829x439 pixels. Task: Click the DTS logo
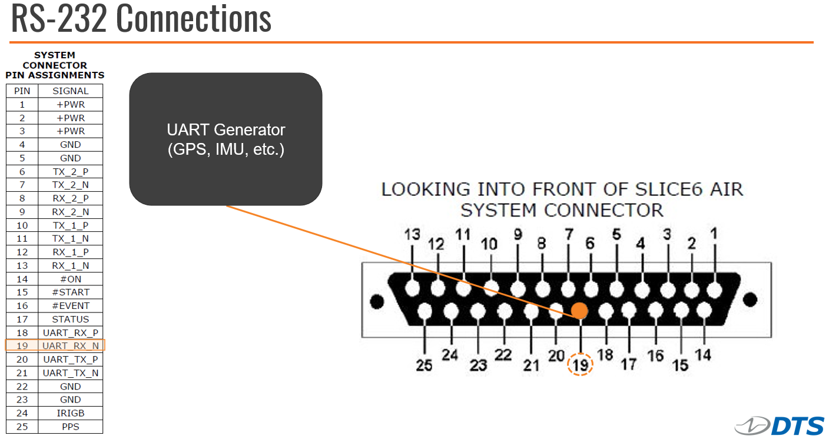[x=780, y=426]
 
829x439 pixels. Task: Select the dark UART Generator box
[x=226, y=139]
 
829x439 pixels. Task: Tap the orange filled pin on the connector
[x=579, y=310]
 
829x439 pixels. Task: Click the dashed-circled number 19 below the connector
[x=581, y=365]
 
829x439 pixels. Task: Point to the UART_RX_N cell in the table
[x=70, y=345]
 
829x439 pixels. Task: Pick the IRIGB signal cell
[x=70, y=413]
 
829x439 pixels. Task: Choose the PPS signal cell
[x=70, y=427]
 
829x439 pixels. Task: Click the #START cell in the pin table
[x=70, y=292]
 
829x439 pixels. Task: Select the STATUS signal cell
[x=70, y=319]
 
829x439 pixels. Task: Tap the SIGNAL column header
[x=70, y=91]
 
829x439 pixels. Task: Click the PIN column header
[x=22, y=91]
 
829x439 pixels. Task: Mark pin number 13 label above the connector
[x=412, y=234]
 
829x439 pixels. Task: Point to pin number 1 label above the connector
[x=714, y=234]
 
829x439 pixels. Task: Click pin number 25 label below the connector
[x=424, y=365]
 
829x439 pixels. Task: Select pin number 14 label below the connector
[x=703, y=355]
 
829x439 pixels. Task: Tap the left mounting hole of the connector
[x=377, y=301]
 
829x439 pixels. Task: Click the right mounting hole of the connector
[x=750, y=300]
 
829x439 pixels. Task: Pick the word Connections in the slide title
[x=194, y=18]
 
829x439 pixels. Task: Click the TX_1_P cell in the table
[x=70, y=225]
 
